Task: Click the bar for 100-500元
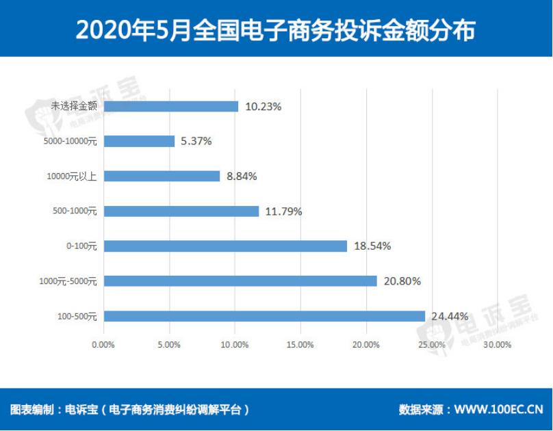(x=264, y=316)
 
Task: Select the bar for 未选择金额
(x=171, y=107)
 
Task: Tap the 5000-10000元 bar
(x=139, y=142)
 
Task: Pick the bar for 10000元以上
(x=162, y=177)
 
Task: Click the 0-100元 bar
(x=225, y=246)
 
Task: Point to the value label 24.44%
(x=450, y=316)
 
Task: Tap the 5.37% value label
(x=196, y=142)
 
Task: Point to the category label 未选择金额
(x=74, y=107)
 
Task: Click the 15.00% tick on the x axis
(x=300, y=345)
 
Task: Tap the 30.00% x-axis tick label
(x=498, y=345)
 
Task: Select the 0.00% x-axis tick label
(x=103, y=345)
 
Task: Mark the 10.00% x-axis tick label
(x=235, y=345)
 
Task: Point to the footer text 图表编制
(x=31, y=410)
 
